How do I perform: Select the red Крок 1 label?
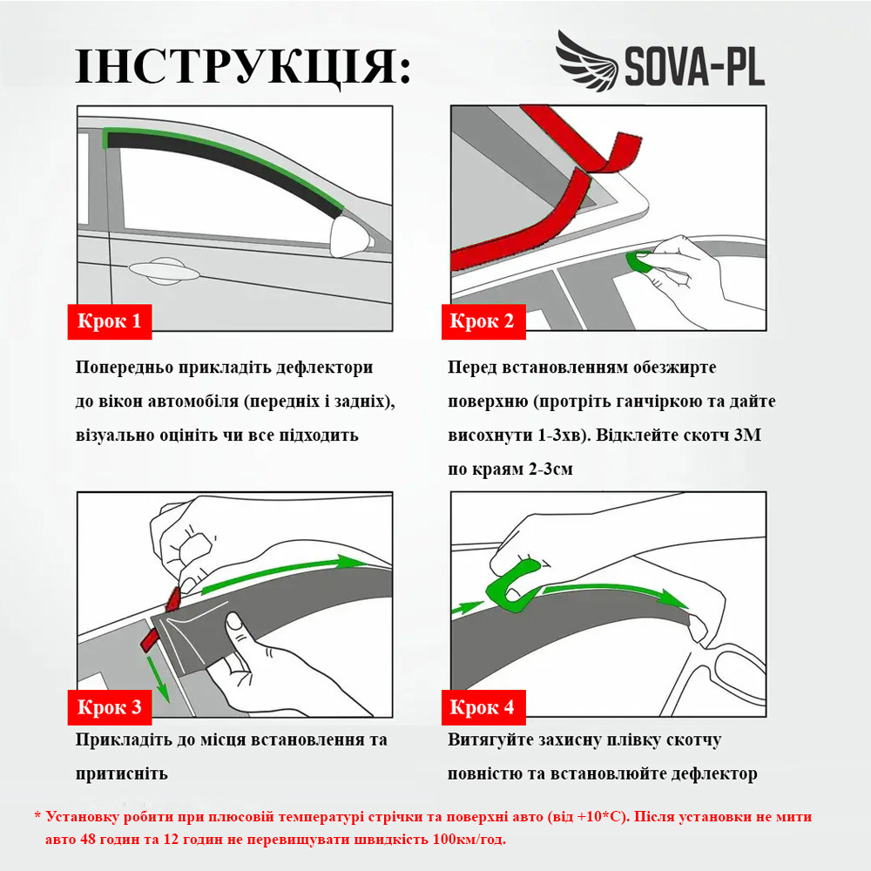pyautogui.click(x=110, y=321)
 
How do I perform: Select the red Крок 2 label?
pyautogui.click(x=482, y=321)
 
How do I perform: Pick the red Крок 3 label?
pyautogui.click(x=110, y=707)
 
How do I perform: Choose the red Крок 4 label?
pyautogui.click(x=482, y=707)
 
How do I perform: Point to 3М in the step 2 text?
pyautogui.click(x=746, y=435)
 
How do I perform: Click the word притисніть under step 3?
pyautogui.click(x=121, y=773)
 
